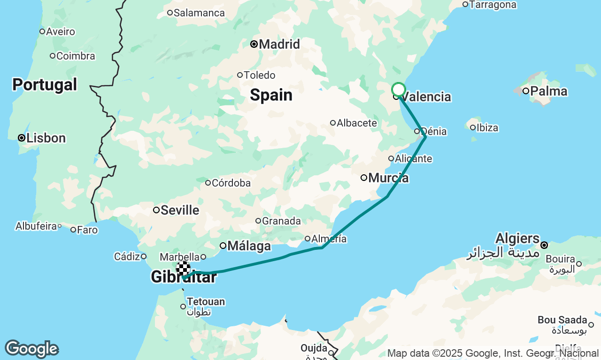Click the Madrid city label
coord(279,45)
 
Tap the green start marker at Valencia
coord(398,89)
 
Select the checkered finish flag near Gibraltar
coord(183,269)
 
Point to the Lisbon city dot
coord(21,138)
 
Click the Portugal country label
coord(45,85)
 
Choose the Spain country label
coord(271,95)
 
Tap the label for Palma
coord(549,91)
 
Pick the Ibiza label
coord(487,127)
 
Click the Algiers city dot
coord(544,245)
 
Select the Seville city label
coord(180,210)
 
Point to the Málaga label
coord(249,246)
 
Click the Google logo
coord(31,349)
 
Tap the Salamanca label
coord(199,13)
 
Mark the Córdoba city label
coord(231,183)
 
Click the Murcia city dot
coord(363,178)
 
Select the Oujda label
coord(314,348)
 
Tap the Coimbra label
coord(76,56)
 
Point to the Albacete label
coord(357,123)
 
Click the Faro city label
coord(87,230)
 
